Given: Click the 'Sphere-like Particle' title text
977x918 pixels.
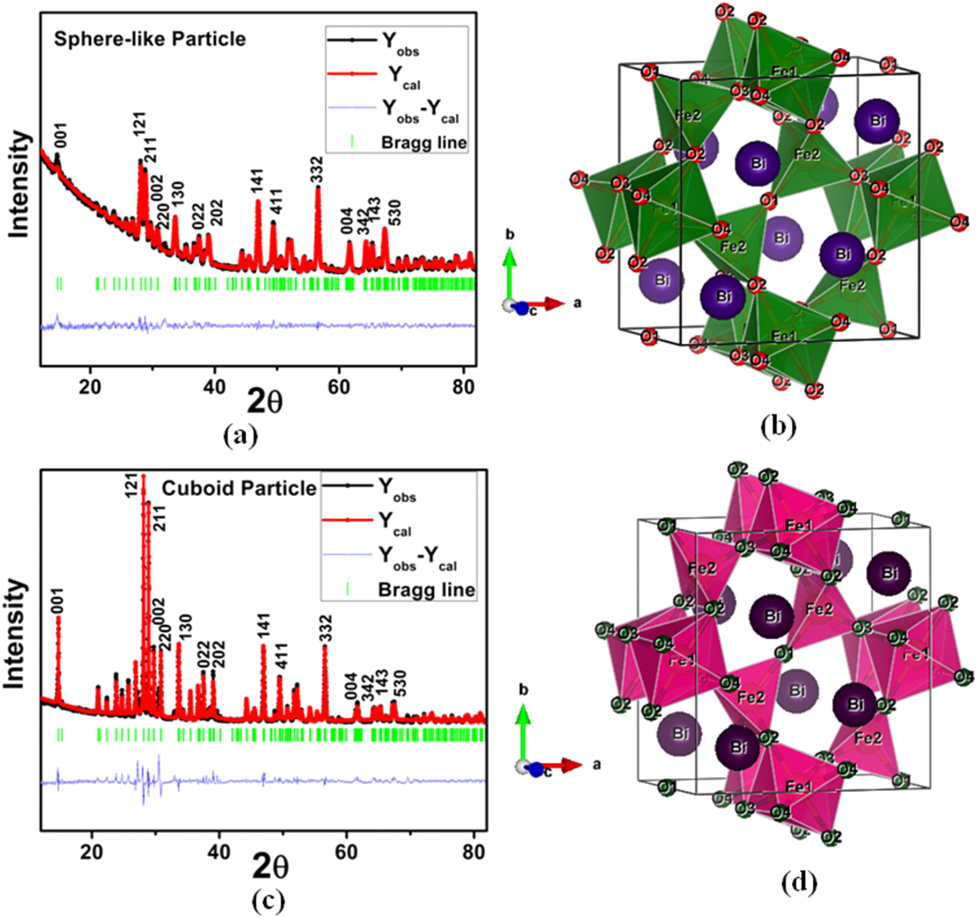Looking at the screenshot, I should point(150,39).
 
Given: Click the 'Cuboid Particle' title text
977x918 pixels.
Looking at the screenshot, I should point(239,488).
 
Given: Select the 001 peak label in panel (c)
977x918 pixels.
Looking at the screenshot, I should point(57,602).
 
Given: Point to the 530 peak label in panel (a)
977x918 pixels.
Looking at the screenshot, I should point(395,213).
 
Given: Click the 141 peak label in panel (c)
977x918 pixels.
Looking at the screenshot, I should point(264,627).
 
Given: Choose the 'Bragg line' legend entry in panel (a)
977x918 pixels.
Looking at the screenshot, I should point(424,142).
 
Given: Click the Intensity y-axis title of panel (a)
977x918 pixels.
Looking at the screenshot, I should point(19,184).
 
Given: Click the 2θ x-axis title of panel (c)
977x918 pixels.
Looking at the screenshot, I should point(270,867).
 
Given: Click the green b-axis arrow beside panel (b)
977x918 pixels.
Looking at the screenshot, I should point(509,269).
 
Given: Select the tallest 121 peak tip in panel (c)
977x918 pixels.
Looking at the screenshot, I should point(144,476).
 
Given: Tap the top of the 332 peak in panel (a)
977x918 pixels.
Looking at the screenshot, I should point(318,187).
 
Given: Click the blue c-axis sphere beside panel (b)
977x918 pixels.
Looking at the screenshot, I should point(522,309).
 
